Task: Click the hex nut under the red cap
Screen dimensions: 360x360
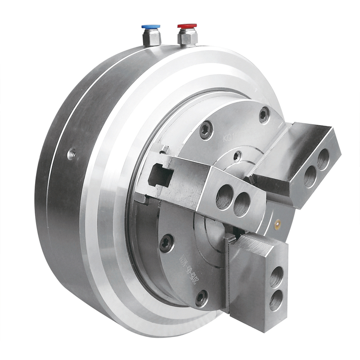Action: click(x=187, y=39)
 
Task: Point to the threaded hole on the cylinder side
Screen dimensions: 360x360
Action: click(x=71, y=155)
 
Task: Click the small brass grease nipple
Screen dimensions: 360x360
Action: click(x=278, y=222)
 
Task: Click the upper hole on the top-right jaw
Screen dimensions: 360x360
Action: click(x=323, y=160)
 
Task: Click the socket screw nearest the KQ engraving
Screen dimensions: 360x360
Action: click(x=206, y=131)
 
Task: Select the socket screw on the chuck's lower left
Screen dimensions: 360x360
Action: click(x=166, y=243)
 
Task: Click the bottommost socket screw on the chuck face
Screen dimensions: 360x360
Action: click(x=201, y=298)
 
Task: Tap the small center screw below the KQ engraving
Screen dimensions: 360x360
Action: click(x=237, y=156)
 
